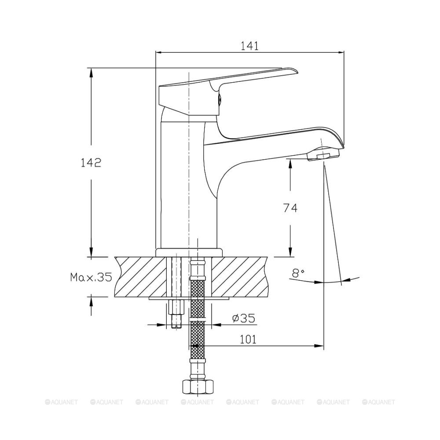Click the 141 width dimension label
click(x=250, y=46)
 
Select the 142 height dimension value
click(x=91, y=163)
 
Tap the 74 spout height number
click(x=290, y=208)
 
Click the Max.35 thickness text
click(x=91, y=277)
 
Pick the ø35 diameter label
click(x=244, y=318)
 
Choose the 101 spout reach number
click(x=248, y=340)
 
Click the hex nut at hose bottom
click(x=198, y=387)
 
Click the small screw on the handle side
click(x=220, y=99)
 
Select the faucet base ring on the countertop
click(x=189, y=253)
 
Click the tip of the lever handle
click(x=296, y=70)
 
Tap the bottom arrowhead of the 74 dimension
click(x=290, y=252)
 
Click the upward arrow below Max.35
click(x=91, y=306)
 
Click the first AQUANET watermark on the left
click(x=61, y=402)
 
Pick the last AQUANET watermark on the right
click(x=378, y=402)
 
